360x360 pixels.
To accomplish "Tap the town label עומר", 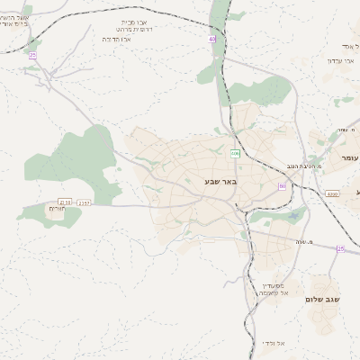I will tap(349, 157).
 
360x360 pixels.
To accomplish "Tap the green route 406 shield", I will tap(234, 154).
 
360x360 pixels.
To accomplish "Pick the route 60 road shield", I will tap(282, 186).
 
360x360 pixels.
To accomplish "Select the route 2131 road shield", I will tap(64, 202).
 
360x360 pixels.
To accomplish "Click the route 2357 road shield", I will tap(85, 202).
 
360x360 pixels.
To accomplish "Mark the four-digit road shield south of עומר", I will tap(333, 193).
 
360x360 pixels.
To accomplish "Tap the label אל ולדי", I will tap(274, 342).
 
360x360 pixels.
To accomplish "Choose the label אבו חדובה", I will tap(117, 40).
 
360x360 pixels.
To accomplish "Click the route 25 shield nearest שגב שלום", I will tap(340, 248).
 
